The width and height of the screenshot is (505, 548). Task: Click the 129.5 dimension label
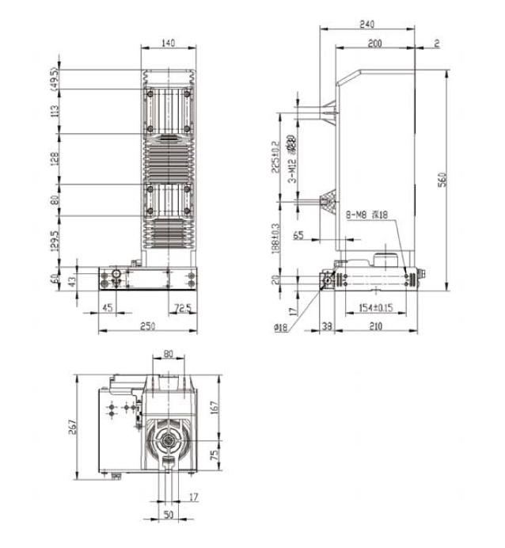pos(55,239)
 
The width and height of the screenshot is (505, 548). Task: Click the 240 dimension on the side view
pos(366,25)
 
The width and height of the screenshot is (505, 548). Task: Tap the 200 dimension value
pos(374,43)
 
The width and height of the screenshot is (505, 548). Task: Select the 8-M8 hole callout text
pos(366,215)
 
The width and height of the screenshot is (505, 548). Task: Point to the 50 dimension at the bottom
pos(168,515)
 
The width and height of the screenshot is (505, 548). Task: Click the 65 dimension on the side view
pos(298,235)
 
